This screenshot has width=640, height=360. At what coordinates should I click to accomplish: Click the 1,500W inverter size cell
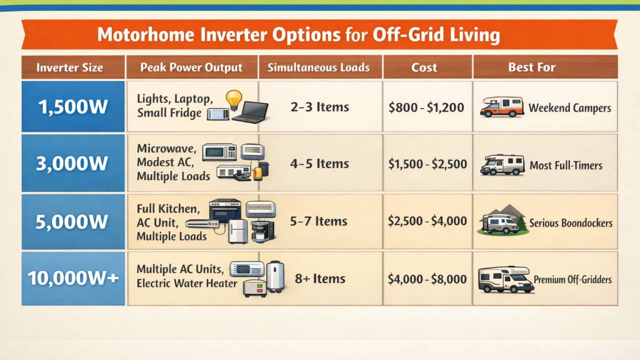click(x=73, y=107)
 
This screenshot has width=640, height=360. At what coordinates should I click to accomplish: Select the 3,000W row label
click(x=73, y=163)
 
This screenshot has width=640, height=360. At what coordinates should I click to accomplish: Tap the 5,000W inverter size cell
click(x=73, y=221)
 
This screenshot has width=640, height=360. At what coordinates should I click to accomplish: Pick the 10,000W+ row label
click(x=73, y=278)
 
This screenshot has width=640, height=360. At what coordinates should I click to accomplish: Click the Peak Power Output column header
click(x=191, y=67)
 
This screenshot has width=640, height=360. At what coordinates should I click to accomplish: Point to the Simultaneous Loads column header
click(x=318, y=67)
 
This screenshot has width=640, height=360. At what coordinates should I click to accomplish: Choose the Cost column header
click(x=424, y=67)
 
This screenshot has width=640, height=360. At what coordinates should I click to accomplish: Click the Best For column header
click(x=531, y=67)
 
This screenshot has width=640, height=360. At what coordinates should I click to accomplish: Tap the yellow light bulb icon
click(x=233, y=99)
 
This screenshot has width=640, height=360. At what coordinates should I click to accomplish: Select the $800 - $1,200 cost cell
click(x=426, y=107)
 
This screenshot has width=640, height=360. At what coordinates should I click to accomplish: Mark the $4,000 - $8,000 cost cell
click(x=427, y=278)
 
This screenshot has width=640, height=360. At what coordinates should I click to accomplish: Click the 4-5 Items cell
click(x=319, y=164)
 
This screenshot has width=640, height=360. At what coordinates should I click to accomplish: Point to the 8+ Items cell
click(x=320, y=278)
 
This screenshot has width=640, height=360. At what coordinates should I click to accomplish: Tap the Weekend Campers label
click(x=569, y=108)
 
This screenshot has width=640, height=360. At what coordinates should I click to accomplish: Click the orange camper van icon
click(x=501, y=107)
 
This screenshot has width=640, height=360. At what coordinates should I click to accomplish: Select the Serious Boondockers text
click(x=570, y=223)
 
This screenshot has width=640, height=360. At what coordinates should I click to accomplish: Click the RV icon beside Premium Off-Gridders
click(x=503, y=279)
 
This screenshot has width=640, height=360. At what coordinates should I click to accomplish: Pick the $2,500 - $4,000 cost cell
click(x=427, y=221)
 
